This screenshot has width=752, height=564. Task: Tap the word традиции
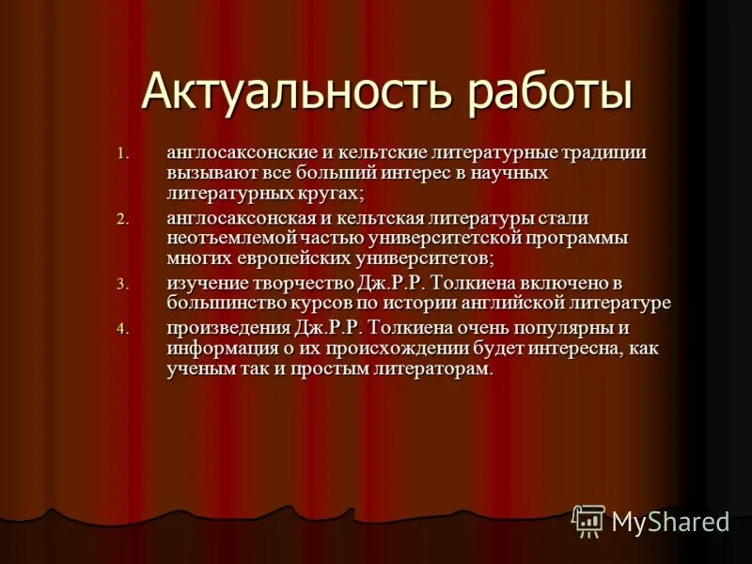click(x=602, y=151)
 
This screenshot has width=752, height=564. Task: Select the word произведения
click(x=226, y=327)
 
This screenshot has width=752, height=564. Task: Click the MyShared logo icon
click(x=589, y=520)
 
